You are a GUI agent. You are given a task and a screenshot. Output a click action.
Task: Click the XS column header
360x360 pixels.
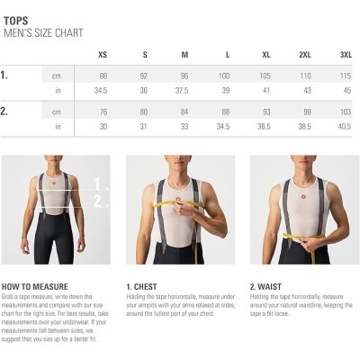pyautogui.click(x=103, y=55)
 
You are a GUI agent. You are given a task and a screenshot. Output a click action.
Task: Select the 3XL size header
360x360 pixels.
pyautogui.click(x=346, y=55)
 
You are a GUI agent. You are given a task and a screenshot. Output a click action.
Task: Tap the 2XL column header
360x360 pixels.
pyautogui.click(x=305, y=55)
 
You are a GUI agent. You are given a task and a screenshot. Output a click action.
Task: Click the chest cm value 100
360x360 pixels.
pyautogui.click(x=225, y=76)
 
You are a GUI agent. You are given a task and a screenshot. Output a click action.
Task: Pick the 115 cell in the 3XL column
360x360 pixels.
pyautogui.click(x=346, y=76)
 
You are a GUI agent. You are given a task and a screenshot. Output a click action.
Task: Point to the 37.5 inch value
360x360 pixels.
pyautogui.click(x=184, y=91)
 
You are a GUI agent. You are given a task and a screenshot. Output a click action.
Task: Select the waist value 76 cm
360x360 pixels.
pyautogui.click(x=103, y=112)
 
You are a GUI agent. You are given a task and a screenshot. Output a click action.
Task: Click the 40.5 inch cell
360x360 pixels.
pyautogui.click(x=346, y=127)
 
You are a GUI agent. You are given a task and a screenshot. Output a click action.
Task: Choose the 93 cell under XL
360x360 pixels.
pyautogui.click(x=265, y=112)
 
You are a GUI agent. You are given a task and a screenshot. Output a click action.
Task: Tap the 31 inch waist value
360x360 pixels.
pyautogui.click(x=144, y=127)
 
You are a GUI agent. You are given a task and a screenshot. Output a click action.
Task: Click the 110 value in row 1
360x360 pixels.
pyautogui.click(x=305, y=76)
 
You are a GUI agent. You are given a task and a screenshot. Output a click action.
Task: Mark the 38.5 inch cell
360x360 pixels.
pyautogui.click(x=305, y=127)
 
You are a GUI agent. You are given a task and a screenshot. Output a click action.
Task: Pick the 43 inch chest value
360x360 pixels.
pyautogui.click(x=305, y=91)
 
